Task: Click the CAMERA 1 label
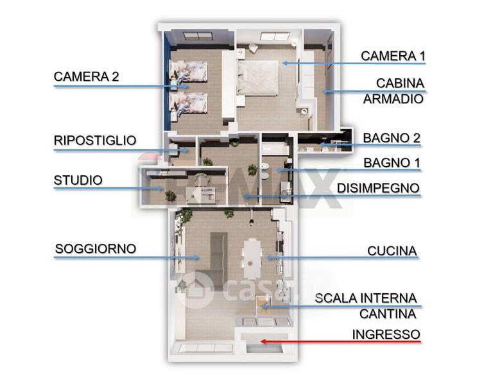click(x=393, y=56)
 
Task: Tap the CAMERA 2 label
click(x=86, y=76)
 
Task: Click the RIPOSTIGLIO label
click(x=94, y=140)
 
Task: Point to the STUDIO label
click(x=78, y=180)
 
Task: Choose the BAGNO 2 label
click(x=386, y=137)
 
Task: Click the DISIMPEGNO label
click(x=378, y=188)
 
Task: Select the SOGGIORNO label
click(x=96, y=248)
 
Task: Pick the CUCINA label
click(x=392, y=250)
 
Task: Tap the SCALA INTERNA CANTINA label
click(x=366, y=306)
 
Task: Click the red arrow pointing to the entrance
click(x=340, y=342)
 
